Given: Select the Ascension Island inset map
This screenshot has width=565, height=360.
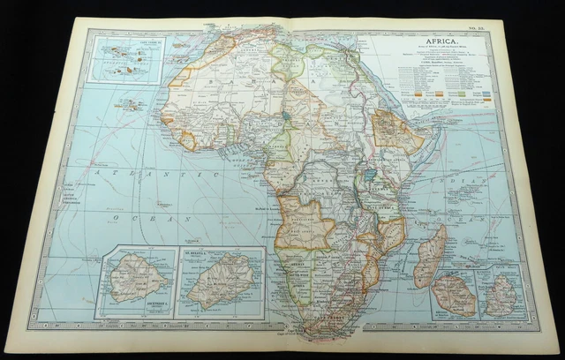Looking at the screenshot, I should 135,283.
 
